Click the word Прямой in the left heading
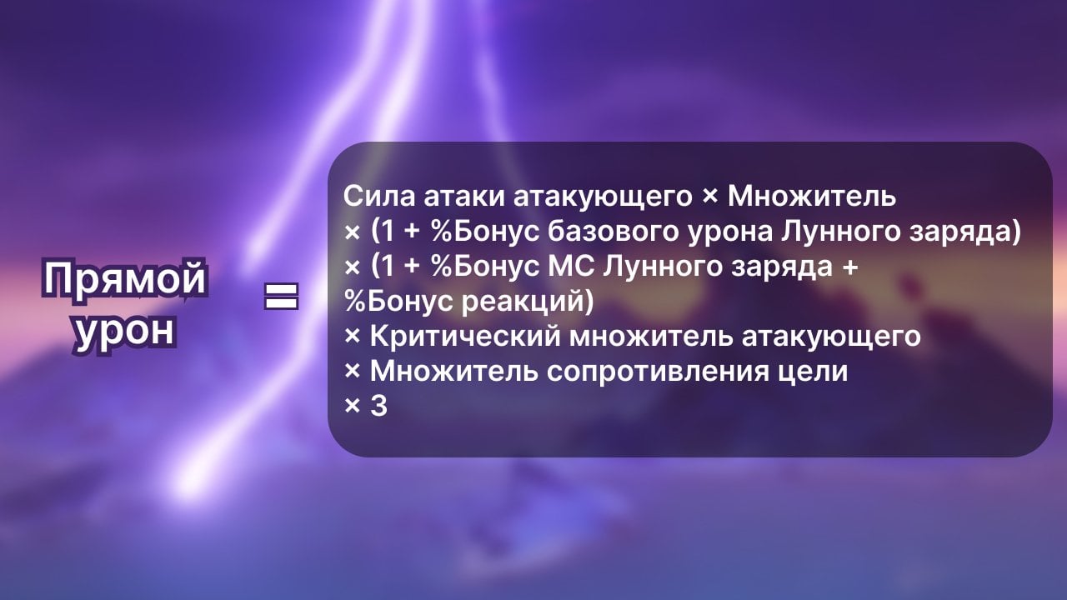point(124,278)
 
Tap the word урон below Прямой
point(126,330)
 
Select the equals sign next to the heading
point(281,296)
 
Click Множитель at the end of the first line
point(812,197)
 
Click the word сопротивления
point(676,372)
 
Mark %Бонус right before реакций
point(398,302)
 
